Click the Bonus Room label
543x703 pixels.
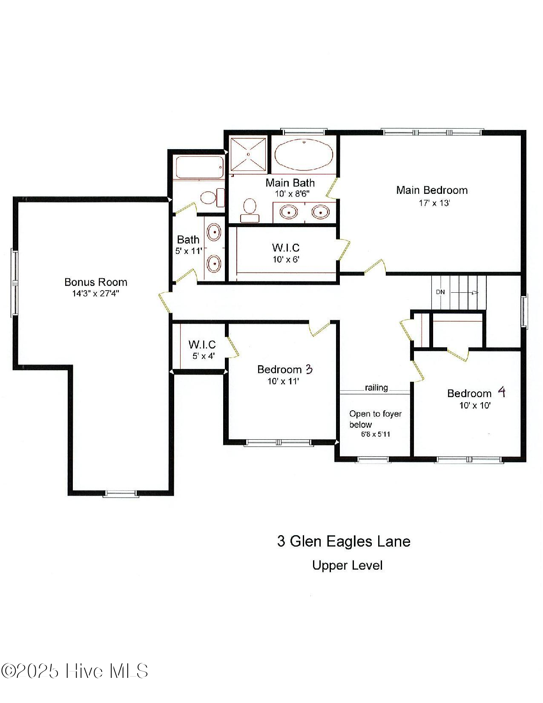(95, 282)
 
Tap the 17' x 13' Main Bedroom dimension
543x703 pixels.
(434, 203)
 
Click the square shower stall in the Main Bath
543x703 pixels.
(248, 154)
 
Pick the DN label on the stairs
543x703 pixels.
(440, 292)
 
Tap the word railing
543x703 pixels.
(376, 388)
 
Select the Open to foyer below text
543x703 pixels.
(375, 419)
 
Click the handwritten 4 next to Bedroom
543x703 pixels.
(502, 392)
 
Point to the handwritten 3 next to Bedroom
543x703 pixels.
(309, 369)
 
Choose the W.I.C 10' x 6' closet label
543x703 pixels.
(286, 253)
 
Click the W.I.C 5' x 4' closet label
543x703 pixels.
(202, 349)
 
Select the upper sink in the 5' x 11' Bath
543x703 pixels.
(214, 233)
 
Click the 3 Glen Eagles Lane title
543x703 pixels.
(344, 541)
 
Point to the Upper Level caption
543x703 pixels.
(347, 565)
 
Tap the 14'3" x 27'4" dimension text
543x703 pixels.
(95, 294)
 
